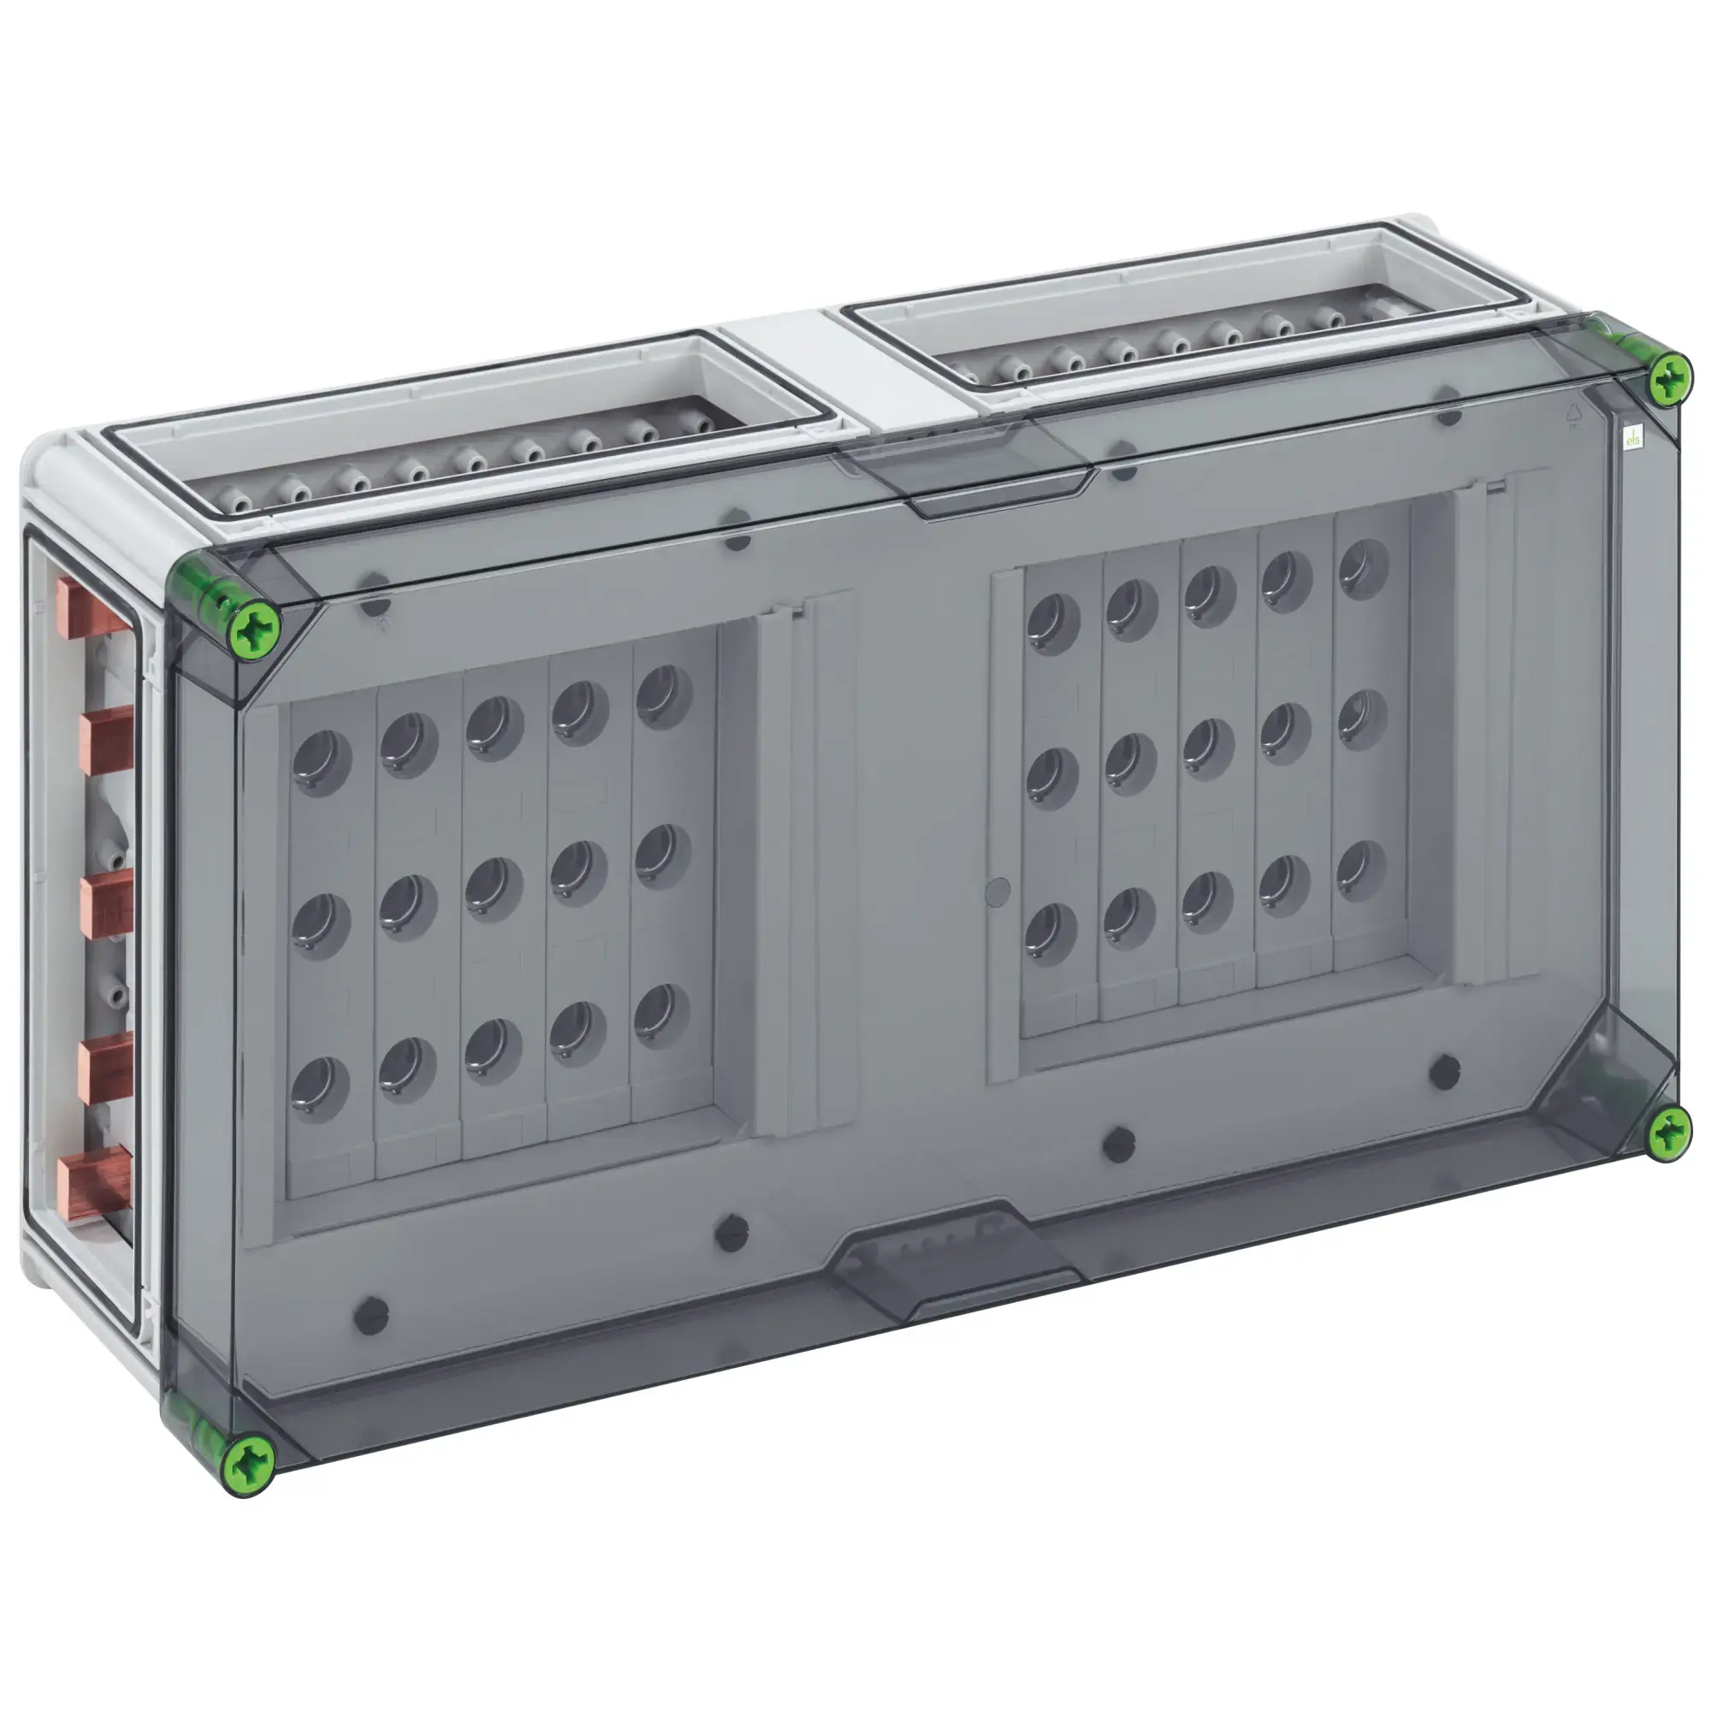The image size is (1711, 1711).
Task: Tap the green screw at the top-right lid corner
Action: (1669, 379)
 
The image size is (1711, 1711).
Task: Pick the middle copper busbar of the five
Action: (106, 903)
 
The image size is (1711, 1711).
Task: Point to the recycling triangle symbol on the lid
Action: (1574, 413)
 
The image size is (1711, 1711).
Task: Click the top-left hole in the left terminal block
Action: (322, 761)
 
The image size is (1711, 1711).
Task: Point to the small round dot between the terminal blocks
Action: (998, 891)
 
